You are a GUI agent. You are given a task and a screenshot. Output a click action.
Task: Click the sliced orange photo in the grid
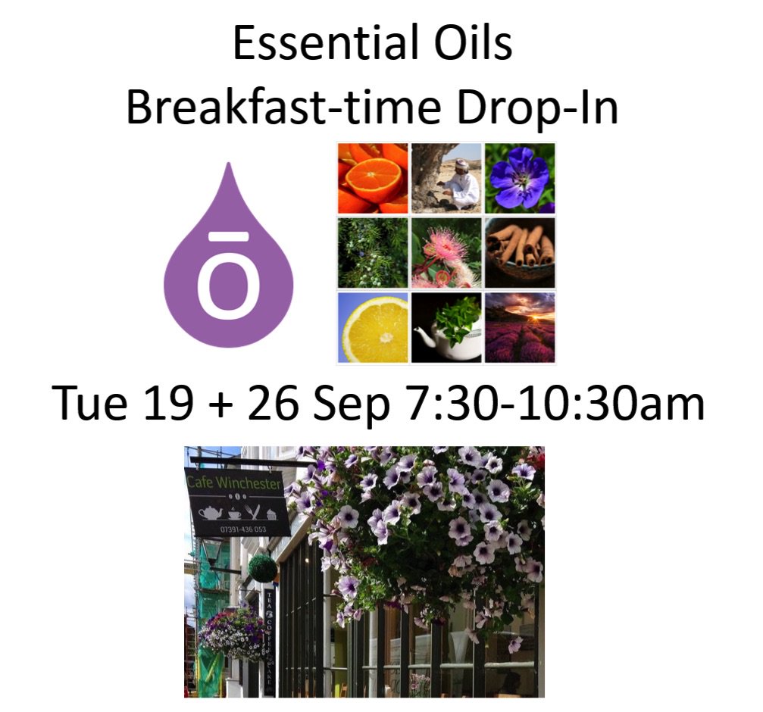(x=373, y=178)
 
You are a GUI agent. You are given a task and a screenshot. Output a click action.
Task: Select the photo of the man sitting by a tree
(x=446, y=178)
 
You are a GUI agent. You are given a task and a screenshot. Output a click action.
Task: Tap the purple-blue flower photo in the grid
(x=520, y=178)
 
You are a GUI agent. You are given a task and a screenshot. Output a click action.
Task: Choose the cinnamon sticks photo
(x=520, y=252)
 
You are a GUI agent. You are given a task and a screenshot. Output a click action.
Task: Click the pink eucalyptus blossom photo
(x=446, y=252)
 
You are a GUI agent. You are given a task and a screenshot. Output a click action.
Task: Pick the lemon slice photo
(x=373, y=326)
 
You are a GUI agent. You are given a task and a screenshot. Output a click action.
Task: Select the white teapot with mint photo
(x=446, y=326)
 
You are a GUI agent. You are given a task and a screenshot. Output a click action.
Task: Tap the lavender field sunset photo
(x=520, y=326)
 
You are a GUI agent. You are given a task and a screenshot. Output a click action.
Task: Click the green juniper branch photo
(x=373, y=252)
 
